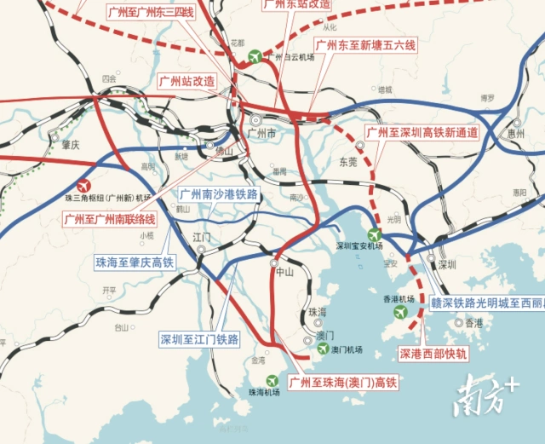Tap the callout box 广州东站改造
coord(297,4)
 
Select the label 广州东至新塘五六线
coord(364,45)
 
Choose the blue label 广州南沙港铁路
coord(218,194)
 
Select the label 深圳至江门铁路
coord(199,339)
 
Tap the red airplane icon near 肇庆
coord(83,185)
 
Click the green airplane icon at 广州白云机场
coord(253,57)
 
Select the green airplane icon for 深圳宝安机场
coord(374,234)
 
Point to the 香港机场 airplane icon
coord(399,312)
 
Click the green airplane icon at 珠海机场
coord(272,380)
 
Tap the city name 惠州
coord(515,134)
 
